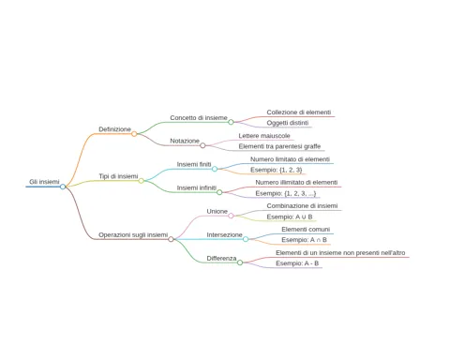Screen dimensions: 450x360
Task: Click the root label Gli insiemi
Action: point(44,182)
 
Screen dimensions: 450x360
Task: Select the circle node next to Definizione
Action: point(134,134)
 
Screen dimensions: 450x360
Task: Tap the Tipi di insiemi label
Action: point(118,176)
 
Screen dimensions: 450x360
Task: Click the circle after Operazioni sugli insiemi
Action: point(171,239)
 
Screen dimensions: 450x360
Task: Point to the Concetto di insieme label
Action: point(199,118)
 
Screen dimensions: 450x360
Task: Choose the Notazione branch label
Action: point(185,141)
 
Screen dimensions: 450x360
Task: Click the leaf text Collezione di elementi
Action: point(299,112)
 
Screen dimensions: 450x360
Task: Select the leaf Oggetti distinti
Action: point(288,123)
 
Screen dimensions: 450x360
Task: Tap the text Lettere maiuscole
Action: point(264,136)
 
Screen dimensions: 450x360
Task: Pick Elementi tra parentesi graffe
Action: point(279,146)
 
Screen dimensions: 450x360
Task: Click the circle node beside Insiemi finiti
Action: point(215,169)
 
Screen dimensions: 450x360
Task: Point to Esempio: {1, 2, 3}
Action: point(277,170)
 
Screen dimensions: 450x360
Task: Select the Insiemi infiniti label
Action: point(197,187)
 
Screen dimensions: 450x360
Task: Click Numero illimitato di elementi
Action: point(296,182)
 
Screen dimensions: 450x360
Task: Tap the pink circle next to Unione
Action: point(231,216)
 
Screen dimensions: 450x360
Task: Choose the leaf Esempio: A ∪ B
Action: point(290,217)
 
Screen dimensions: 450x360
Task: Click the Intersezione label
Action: point(224,234)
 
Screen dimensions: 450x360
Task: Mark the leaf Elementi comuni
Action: point(306,230)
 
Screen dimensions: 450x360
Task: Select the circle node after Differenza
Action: point(240,262)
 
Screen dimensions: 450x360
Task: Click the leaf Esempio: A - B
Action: point(297,263)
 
